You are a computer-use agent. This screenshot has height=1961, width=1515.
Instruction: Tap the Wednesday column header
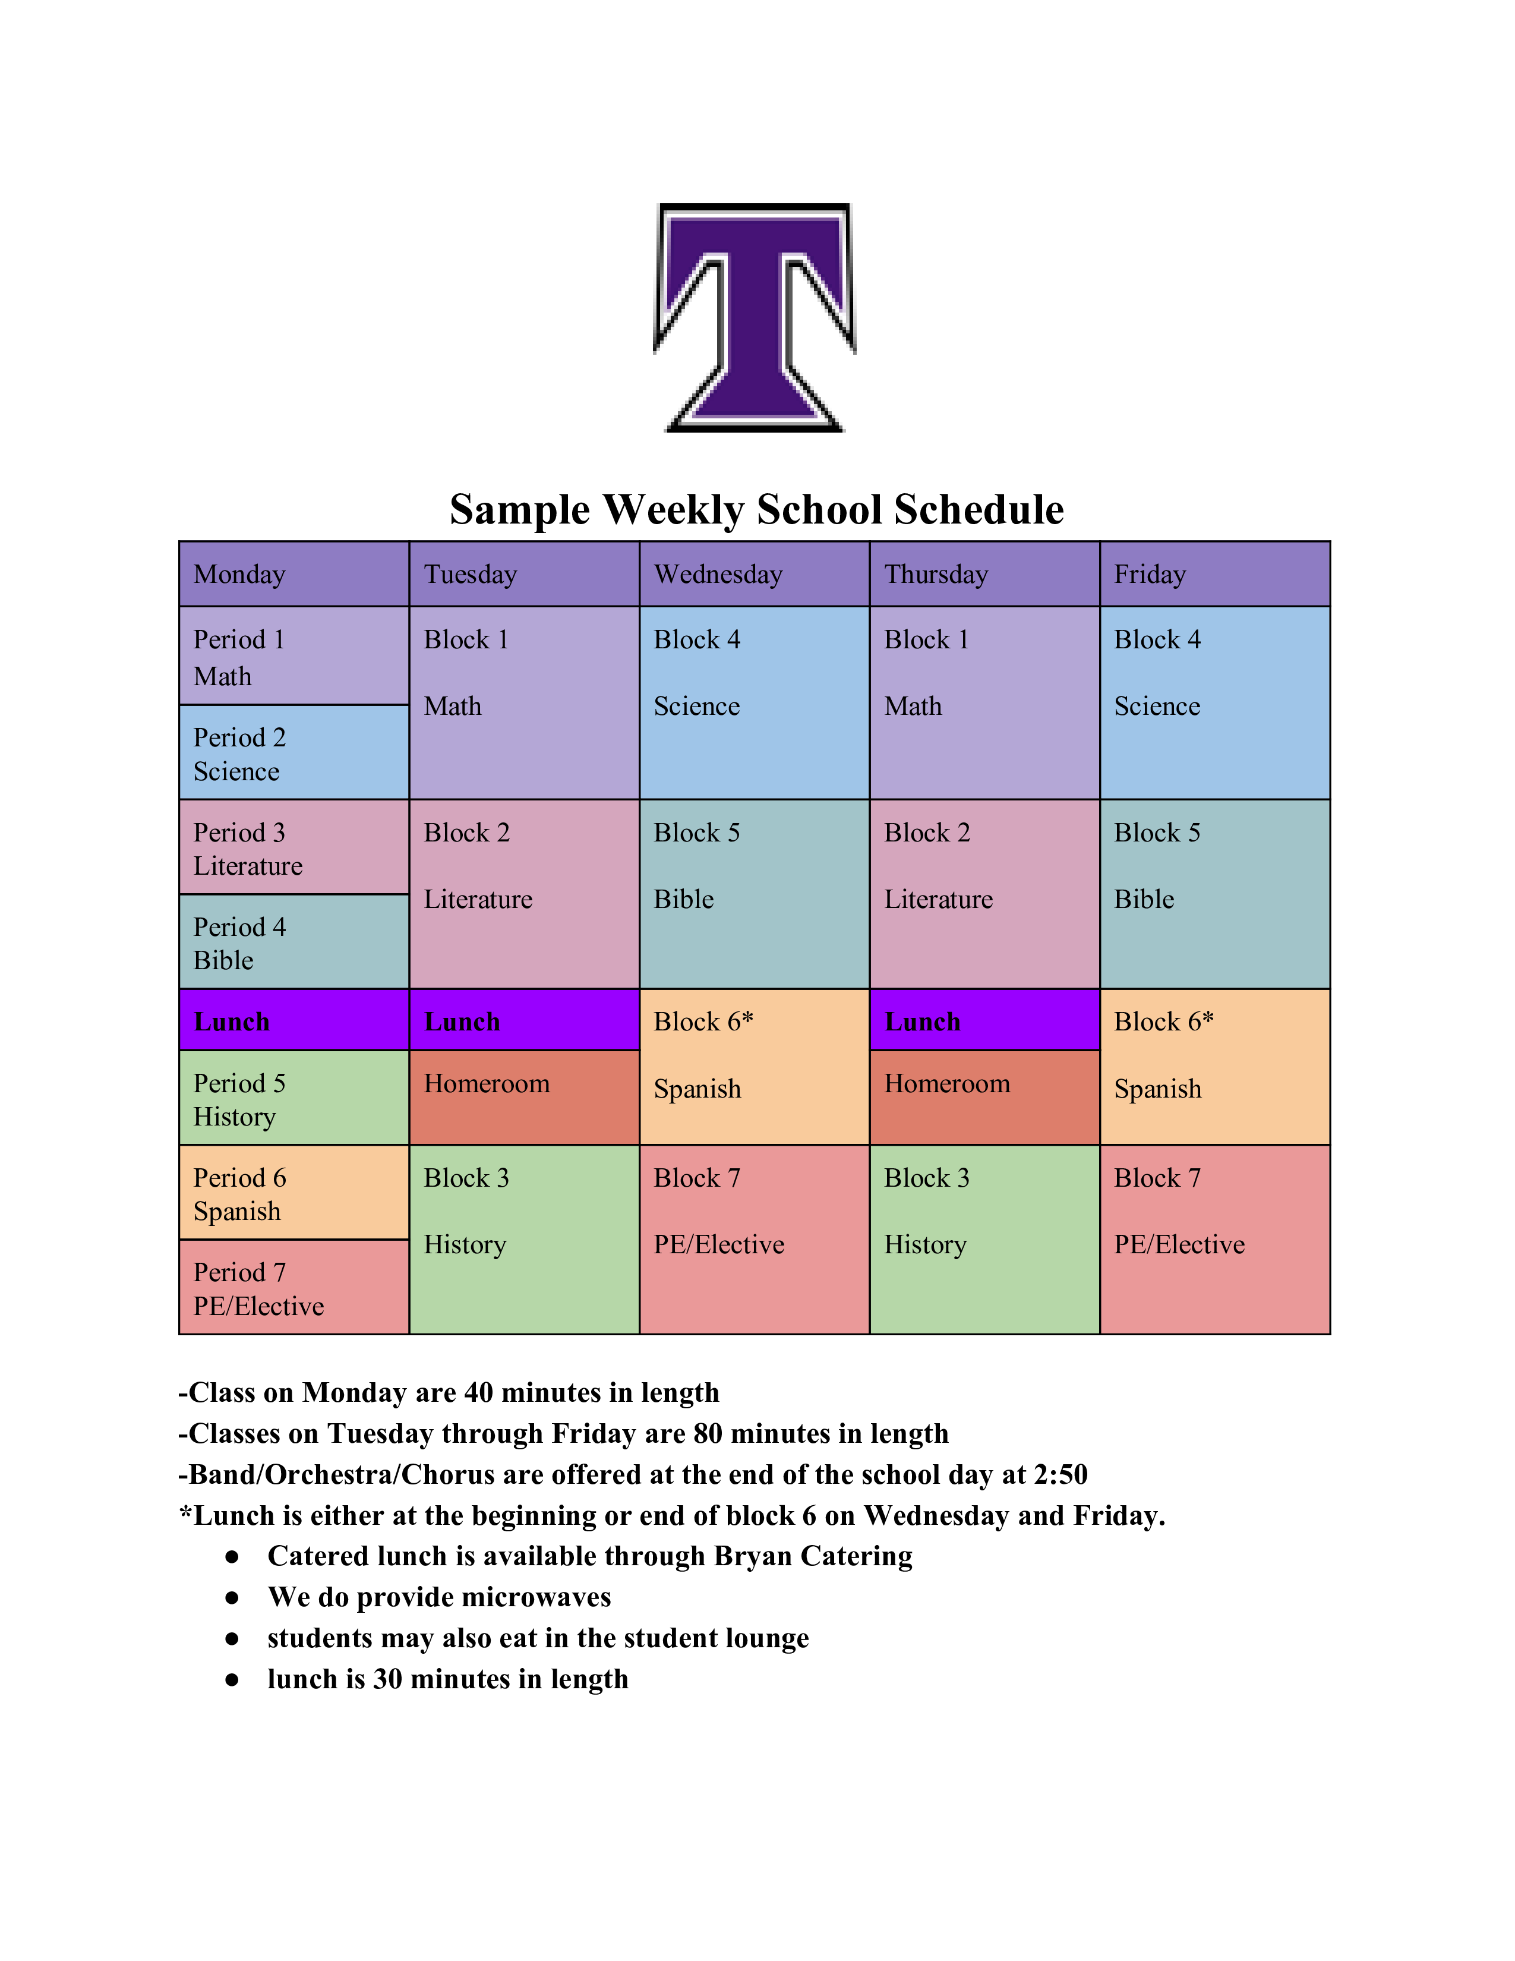point(754,574)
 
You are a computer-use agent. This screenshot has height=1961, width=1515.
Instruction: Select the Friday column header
point(1214,574)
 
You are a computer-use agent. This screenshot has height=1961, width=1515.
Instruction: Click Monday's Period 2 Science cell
point(293,752)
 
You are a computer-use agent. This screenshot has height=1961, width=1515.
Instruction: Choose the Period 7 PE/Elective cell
point(293,1288)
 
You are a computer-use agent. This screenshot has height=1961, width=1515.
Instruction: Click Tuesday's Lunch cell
point(523,1021)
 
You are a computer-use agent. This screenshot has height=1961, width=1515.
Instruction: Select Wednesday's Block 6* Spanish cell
point(754,1067)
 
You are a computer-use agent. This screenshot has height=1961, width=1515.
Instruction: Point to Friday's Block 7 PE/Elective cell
point(1214,1239)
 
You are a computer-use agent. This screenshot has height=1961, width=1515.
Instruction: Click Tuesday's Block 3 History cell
point(523,1239)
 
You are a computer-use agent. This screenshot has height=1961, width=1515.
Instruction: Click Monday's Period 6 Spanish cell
point(293,1193)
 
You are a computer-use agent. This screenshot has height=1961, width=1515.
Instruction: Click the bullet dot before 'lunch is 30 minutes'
point(232,1680)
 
